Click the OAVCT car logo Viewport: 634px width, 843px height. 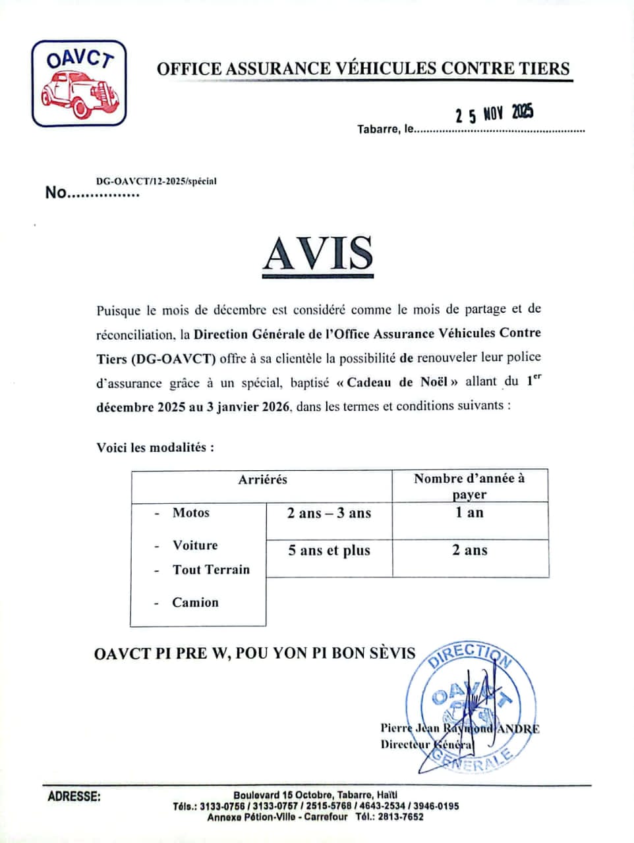(78, 83)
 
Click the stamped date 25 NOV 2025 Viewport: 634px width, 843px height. (494, 114)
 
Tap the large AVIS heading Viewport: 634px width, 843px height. (318, 253)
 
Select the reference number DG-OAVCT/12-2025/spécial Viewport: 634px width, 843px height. (156, 181)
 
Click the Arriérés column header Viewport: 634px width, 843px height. (262, 479)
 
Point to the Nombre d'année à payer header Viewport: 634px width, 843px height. (469, 486)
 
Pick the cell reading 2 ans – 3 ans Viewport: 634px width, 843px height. (329, 513)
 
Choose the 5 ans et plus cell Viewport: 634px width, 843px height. (329, 551)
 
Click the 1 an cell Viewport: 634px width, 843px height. (469, 512)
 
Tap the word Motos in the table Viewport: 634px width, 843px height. (190, 512)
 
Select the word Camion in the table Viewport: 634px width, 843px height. (195, 602)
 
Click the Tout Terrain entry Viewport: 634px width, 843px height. (211, 570)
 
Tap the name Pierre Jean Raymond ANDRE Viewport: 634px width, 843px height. (459, 728)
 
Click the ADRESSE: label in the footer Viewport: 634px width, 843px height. (74, 796)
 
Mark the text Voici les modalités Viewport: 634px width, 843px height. (155, 447)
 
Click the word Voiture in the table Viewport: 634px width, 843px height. (195, 545)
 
